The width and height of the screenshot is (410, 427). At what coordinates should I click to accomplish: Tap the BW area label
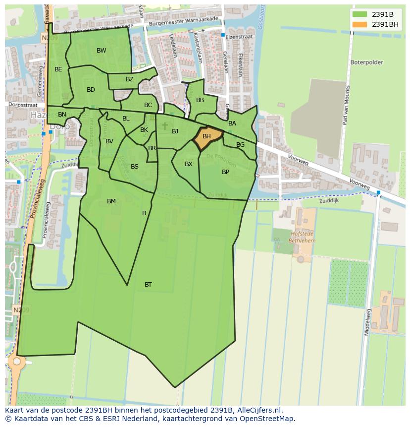tap(101, 51)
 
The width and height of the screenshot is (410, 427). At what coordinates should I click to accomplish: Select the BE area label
tap(58, 69)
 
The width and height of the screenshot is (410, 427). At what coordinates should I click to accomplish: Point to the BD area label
tap(91, 90)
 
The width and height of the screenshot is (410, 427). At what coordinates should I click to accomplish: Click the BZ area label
tap(130, 79)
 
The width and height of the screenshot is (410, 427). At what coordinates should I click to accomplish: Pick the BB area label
tap(200, 100)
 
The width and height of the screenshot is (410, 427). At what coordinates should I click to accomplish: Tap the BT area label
tap(148, 285)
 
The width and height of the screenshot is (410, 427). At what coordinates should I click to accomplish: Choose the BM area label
tap(111, 201)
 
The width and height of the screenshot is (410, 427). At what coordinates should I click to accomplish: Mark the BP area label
tap(225, 172)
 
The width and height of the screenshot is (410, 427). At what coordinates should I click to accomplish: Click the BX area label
tap(189, 164)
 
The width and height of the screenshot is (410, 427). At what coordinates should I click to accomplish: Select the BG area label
tap(240, 145)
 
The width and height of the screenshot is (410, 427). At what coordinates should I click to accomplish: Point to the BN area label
tap(62, 115)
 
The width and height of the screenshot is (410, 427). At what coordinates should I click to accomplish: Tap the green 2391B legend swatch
tap(360, 14)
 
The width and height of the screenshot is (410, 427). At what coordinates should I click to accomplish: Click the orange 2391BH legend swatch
tap(360, 24)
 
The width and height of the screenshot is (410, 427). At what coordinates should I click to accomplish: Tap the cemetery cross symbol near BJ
tap(165, 126)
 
